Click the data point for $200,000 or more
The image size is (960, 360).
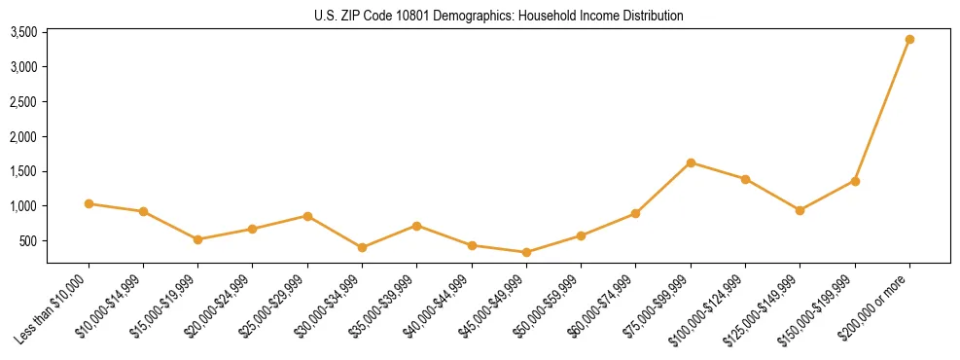click(909, 39)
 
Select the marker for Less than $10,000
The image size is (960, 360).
click(89, 203)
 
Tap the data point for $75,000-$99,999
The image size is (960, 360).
click(691, 162)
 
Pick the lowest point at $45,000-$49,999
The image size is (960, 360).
click(526, 252)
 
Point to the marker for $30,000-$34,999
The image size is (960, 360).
click(362, 247)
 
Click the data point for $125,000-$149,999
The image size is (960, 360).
click(800, 210)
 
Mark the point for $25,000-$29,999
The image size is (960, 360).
click(307, 216)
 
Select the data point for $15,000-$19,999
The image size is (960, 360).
click(197, 239)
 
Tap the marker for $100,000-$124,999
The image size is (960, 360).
click(745, 179)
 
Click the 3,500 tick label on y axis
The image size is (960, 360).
click(23, 32)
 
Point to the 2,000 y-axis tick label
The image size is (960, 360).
click(23, 136)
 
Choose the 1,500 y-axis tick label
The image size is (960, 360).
click(23, 171)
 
